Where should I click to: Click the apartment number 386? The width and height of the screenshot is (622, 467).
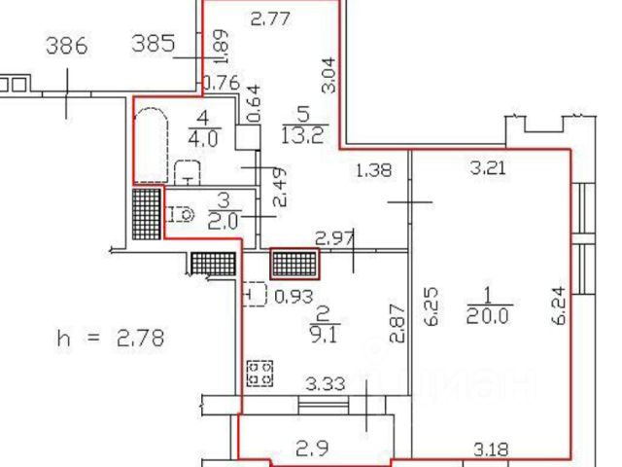[67, 46]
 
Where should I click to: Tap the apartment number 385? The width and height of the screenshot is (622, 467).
[154, 43]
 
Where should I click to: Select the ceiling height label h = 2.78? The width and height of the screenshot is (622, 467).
[111, 339]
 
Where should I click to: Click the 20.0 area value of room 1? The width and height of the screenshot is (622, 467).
[487, 316]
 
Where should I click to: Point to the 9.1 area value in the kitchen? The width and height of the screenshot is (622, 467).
[324, 335]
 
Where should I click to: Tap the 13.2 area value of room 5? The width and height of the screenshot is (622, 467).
[305, 136]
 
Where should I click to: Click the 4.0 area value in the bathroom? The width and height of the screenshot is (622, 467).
[203, 139]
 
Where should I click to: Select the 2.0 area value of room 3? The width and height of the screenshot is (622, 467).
[223, 221]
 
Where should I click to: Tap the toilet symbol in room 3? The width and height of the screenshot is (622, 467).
[180, 215]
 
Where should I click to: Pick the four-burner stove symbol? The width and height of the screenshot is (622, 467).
[260, 374]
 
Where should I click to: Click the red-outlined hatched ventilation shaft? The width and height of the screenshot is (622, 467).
[294, 264]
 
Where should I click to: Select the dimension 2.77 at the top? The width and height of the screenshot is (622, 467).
[271, 18]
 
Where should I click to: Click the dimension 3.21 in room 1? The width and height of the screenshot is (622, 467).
[488, 168]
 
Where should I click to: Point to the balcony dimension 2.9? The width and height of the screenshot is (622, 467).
[312, 449]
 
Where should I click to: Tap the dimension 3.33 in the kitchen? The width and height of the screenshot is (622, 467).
[326, 384]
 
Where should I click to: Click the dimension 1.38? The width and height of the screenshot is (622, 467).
[374, 170]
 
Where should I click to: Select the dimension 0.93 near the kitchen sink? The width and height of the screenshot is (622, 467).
[294, 297]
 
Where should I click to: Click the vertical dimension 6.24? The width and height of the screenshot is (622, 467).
[559, 305]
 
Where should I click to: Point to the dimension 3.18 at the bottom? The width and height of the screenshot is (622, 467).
[491, 449]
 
